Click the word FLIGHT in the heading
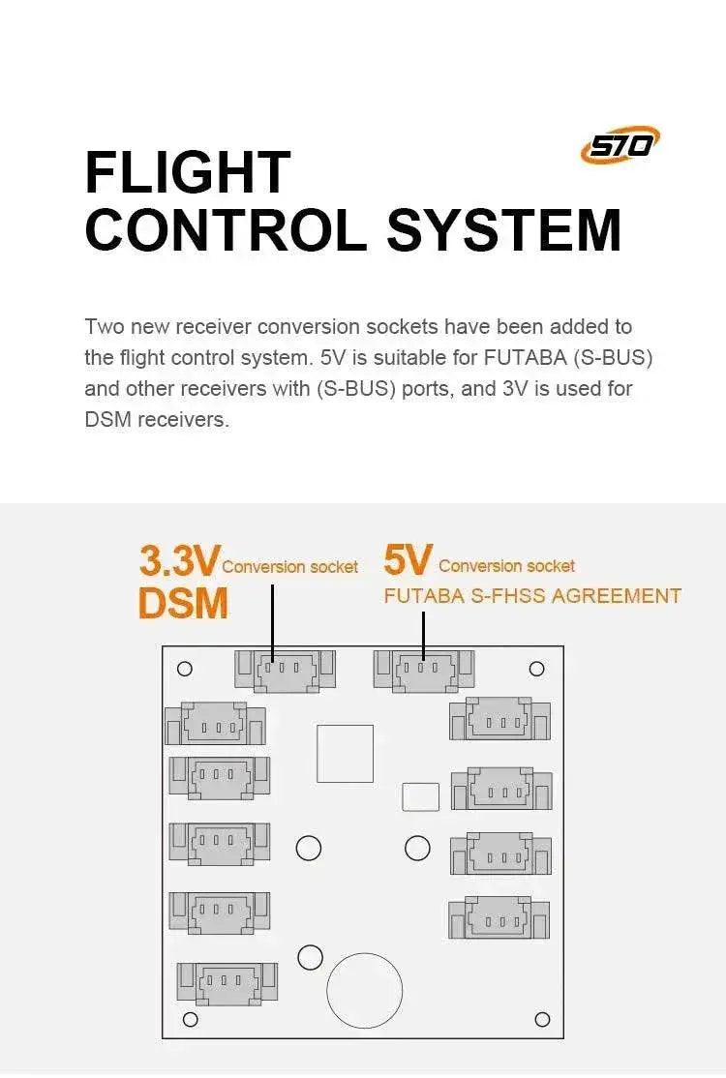pyautogui.click(x=188, y=172)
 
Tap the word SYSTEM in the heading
pyautogui.click(x=504, y=229)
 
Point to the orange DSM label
pyautogui.click(x=183, y=603)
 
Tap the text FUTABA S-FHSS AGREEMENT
pyautogui.click(x=532, y=595)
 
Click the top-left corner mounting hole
pyautogui.click(x=185, y=669)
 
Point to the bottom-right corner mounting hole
pyautogui.click(x=542, y=1019)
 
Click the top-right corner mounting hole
pyautogui.click(x=536, y=669)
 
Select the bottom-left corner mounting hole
pyautogui.click(x=191, y=1020)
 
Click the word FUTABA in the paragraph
pyautogui.click(x=526, y=357)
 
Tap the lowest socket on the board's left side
pyautogui.click(x=227, y=982)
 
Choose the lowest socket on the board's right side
pyautogui.click(x=499, y=918)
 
